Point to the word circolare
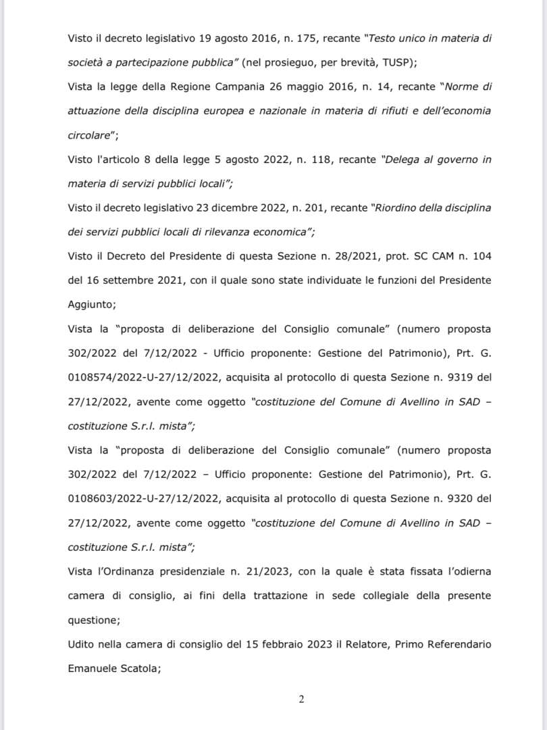click(x=90, y=134)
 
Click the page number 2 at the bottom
click(x=301, y=699)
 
